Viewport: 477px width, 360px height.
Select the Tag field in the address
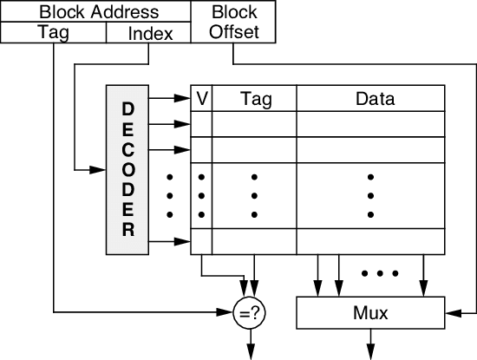click(x=53, y=33)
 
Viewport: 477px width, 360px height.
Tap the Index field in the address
click(x=150, y=33)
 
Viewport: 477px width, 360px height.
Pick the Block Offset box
click(x=233, y=23)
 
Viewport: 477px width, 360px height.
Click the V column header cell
click(x=201, y=99)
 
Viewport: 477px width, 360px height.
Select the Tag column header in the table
click(x=254, y=99)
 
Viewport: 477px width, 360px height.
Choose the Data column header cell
click(x=375, y=99)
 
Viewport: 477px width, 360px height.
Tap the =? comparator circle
click(x=250, y=312)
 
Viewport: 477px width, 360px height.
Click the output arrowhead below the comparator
click(x=250, y=351)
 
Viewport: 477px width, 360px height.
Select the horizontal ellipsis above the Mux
click(x=378, y=274)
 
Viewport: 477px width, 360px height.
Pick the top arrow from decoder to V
click(x=183, y=99)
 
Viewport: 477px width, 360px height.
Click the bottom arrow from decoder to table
click(x=183, y=239)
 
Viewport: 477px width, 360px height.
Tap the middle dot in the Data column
click(x=370, y=196)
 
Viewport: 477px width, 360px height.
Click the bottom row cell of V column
click(x=201, y=239)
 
